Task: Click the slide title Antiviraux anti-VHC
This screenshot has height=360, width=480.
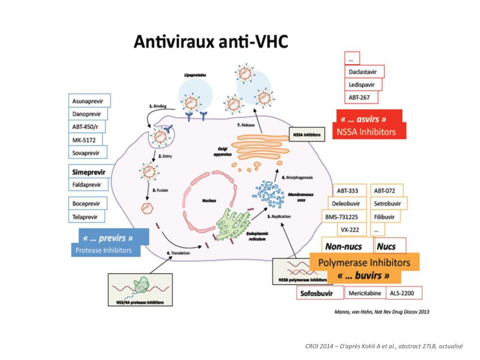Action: click(x=210, y=42)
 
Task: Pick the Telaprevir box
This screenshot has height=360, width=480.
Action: click(x=87, y=217)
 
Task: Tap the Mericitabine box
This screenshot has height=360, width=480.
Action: click(x=365, y=293)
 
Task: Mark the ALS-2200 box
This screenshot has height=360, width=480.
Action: click(x=405, y=293)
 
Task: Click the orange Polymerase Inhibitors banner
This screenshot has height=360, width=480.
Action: click(x=364, y=262)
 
